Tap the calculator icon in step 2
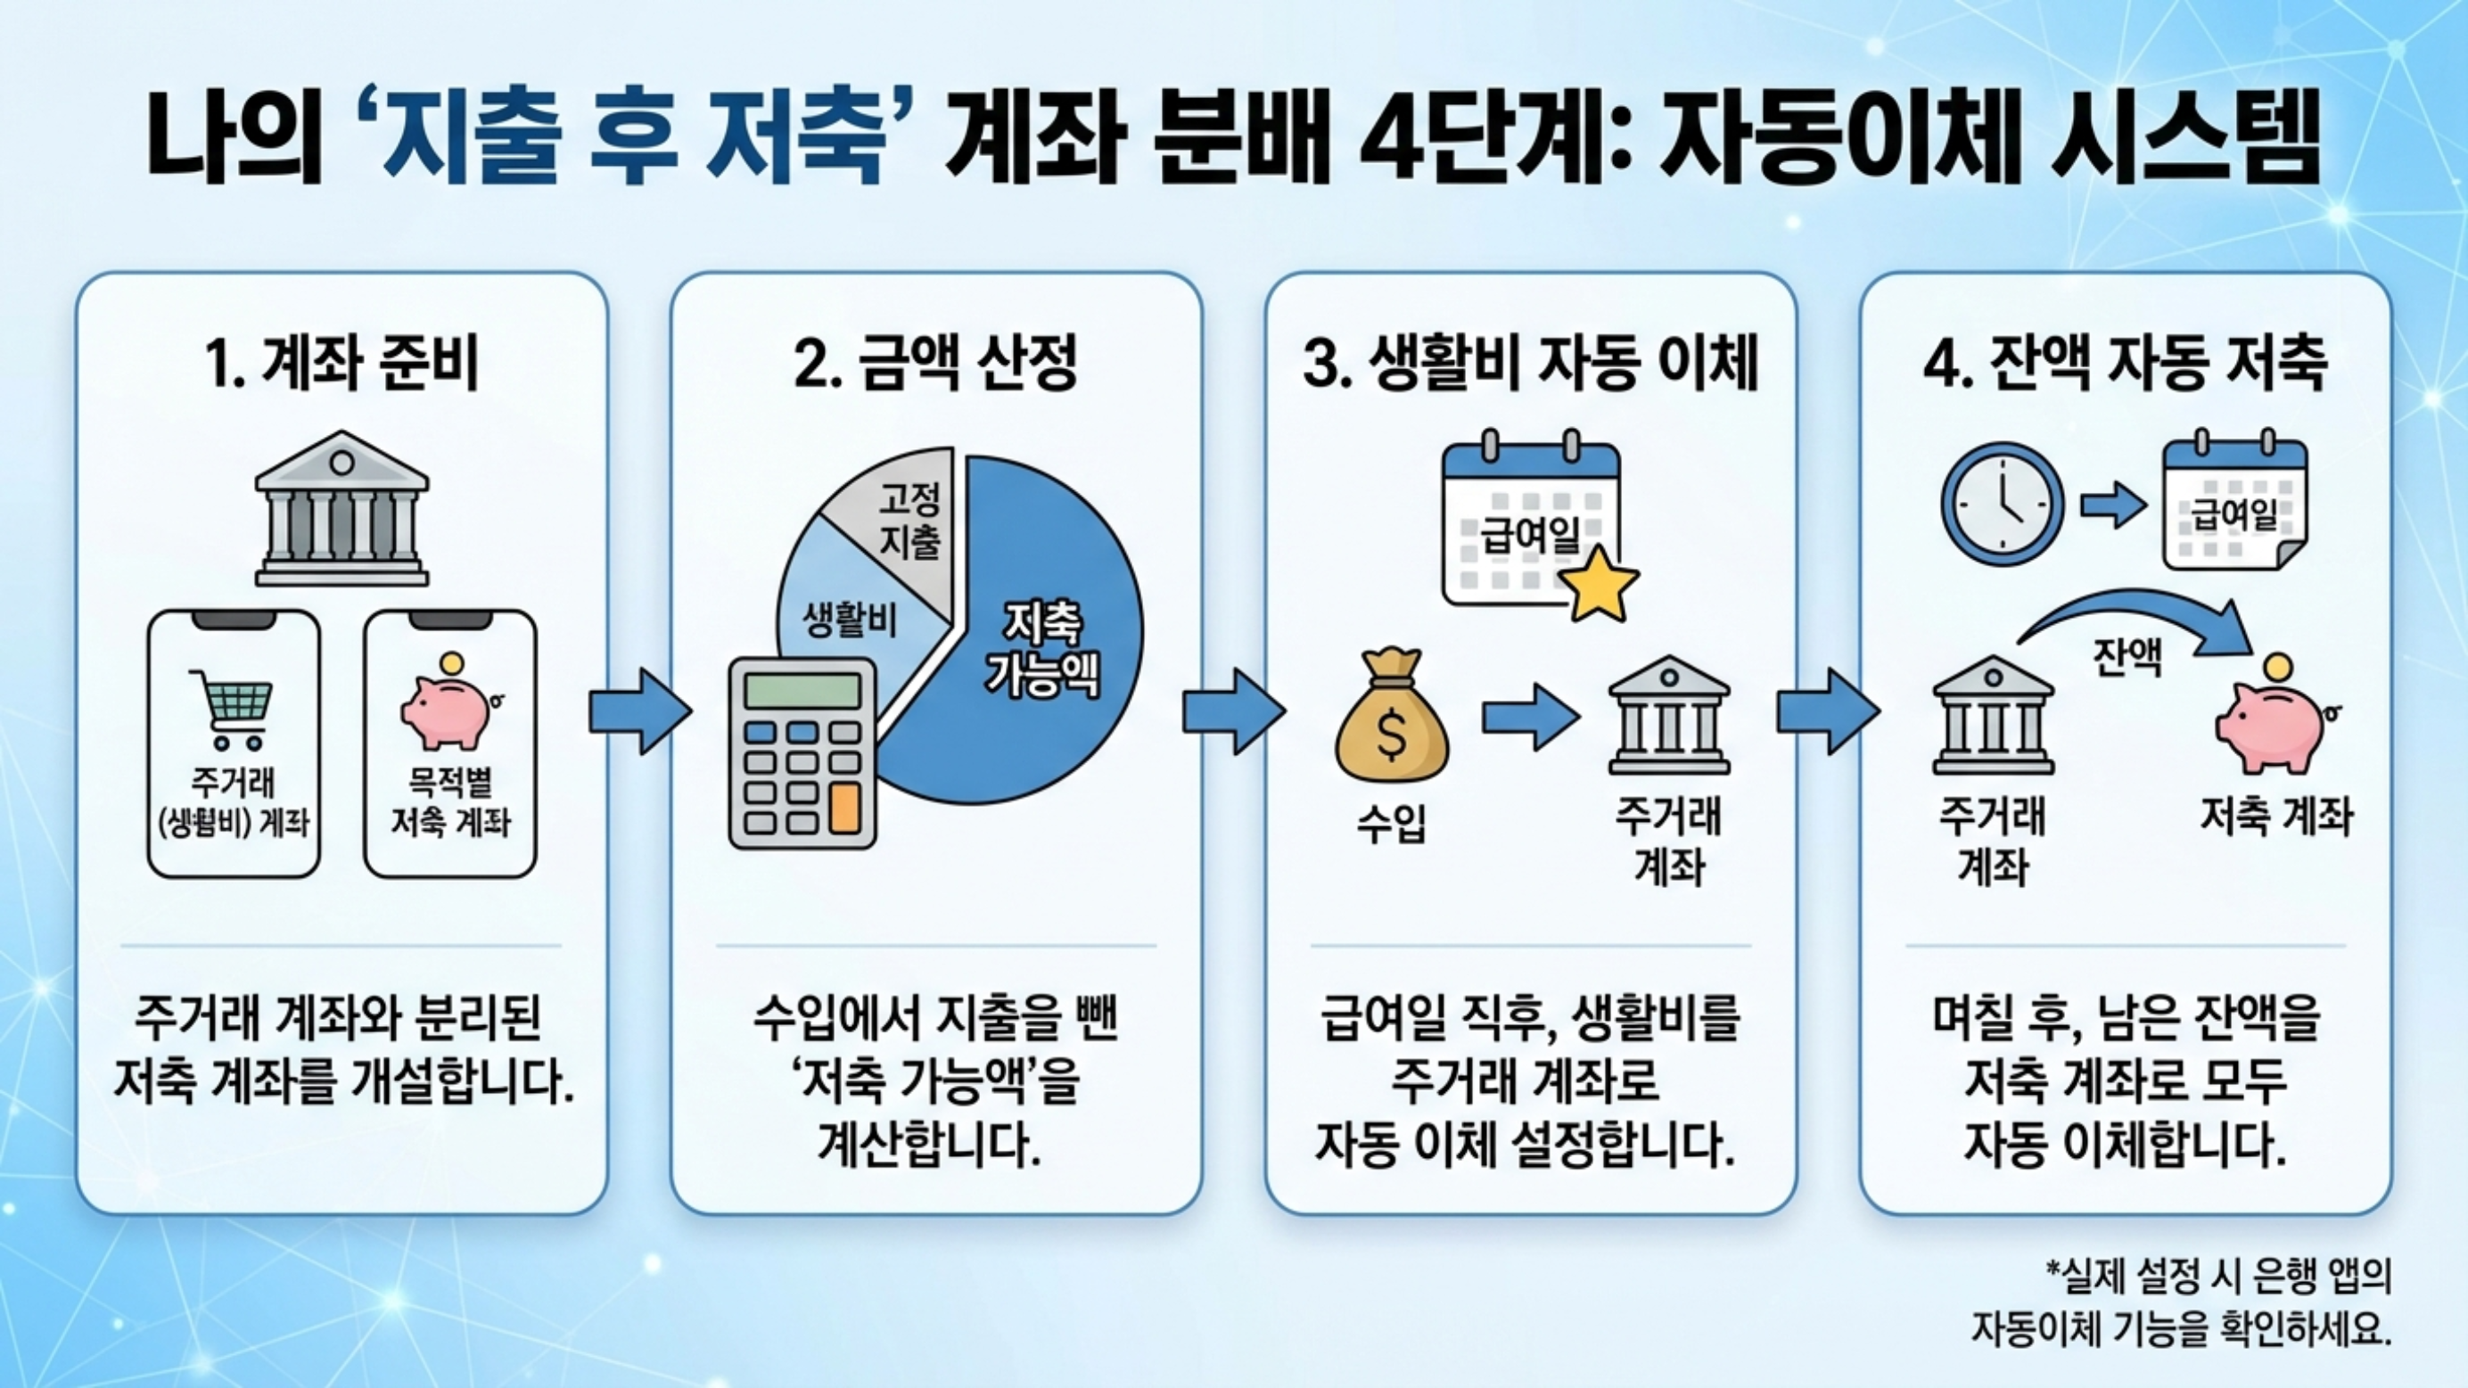click(x=802, y=753)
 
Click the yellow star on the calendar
click(x=1597, y=582)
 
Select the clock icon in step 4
click(x=2003, y=505)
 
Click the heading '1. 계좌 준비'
click(x=341, y=365)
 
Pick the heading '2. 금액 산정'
click(x=936, y=365)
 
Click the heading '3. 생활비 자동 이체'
click(x=1530, y=365)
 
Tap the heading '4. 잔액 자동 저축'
click(x=2124, y=365)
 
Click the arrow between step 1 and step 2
click(x=639, y=711)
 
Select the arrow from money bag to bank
click(x=1529, y=716)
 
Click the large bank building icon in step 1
click(x=342, y=510)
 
